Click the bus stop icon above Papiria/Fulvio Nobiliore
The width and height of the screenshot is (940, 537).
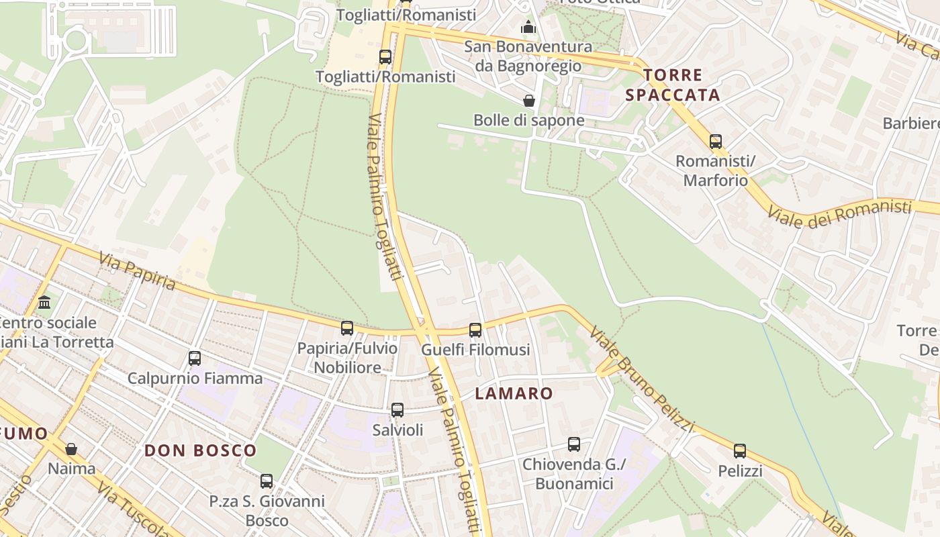pos(347,328)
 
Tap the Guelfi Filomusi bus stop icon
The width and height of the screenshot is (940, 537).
pos(475,330)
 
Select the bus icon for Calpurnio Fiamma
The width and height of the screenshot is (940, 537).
pos(195,358)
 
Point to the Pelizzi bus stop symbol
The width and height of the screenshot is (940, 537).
pos(740,451)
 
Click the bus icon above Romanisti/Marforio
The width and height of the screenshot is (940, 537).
pos(716,142)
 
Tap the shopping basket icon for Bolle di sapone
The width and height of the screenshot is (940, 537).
pos(529,101)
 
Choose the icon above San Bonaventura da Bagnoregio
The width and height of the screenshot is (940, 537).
pos(528,28)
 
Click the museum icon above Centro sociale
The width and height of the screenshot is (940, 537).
pos(45,303)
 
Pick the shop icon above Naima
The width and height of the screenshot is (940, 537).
pos(71,448)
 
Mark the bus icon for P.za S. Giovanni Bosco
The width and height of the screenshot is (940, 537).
pos(267,481)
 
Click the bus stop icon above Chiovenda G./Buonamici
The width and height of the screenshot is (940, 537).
pos(574,444)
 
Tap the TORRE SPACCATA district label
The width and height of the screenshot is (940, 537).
pos(673,85)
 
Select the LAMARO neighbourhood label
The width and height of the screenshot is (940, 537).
pos(514,393)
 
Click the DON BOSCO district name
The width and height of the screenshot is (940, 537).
pos(201,450)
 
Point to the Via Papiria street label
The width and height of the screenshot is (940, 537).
pos(137,271)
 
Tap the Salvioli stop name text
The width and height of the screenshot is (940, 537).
pos(398,430)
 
